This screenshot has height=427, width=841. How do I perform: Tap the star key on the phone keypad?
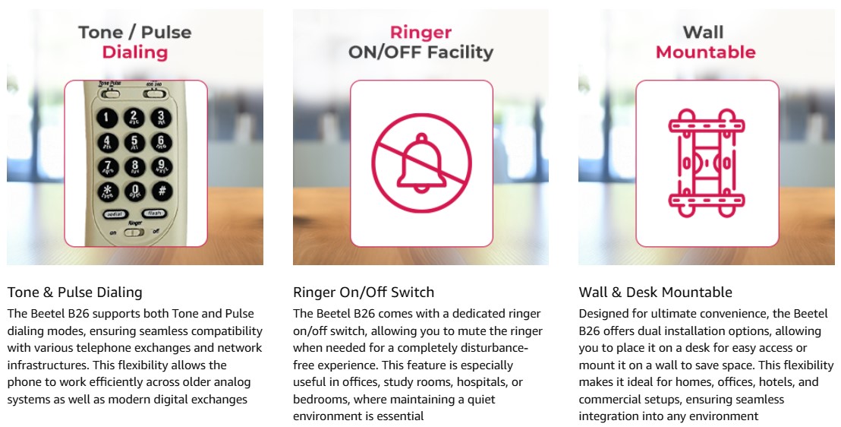point(108,191)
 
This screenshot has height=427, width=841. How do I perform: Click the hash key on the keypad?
point(162,190)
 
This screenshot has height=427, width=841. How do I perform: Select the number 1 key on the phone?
point(107,119)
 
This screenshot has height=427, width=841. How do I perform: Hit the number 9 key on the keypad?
point(162,166)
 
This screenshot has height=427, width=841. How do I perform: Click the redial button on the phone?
point(115,214)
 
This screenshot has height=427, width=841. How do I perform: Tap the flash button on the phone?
point(155,214)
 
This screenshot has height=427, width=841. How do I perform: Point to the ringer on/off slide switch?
point(134,232)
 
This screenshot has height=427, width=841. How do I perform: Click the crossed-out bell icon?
point(421,163)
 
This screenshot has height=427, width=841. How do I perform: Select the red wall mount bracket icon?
point(707,163)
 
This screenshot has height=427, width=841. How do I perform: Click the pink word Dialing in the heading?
point(135,52)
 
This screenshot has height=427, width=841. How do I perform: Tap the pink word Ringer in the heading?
point(420,32)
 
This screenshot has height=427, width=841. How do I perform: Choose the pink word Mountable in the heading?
point(705,52)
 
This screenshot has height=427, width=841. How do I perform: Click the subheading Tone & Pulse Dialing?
point(75,293)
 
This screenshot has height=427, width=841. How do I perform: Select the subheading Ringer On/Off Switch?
point(364,293)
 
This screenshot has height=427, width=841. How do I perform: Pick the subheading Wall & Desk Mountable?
point(656,293)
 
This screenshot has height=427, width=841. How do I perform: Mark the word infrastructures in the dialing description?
point(48,365)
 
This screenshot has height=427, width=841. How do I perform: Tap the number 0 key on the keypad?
point(135,191)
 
